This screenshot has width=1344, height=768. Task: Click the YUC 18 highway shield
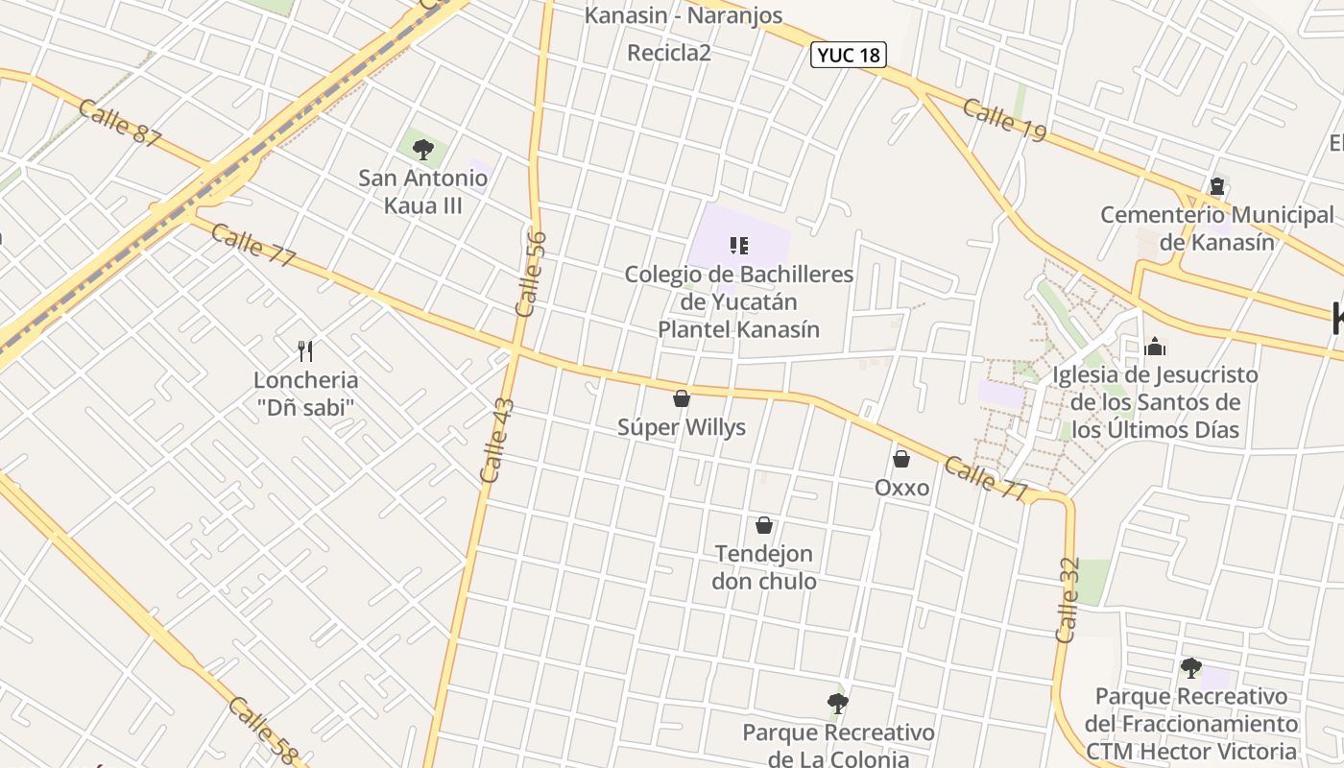pyautogui.click(x=848, y=55)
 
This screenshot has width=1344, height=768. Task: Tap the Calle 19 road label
pyautogui.click(x=1004, y=121)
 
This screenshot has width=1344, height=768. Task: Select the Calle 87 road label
pyautogui.click(x=120, y=123)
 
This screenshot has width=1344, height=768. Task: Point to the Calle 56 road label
pyautogui.click(x=531, y=274)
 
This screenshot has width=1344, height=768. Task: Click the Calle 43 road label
pyautogui.click(x=498, y=441)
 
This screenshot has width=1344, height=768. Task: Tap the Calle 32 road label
pyautogui.click(x=1068, y=600)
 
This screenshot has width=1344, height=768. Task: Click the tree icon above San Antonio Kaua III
pyautogui.click(x=422, y=150)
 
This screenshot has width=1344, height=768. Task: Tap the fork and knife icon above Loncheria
pyautogui.click(x=305, y=350)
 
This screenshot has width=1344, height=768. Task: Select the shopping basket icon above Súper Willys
pyautogui.click(x=682, y=397)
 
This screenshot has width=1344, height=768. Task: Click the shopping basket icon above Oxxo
pyautogui.click(x=901, y=459)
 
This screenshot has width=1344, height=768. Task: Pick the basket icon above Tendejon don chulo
pyautogui.click(x=764, y=525)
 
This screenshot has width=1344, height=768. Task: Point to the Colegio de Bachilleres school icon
pyautogui.click(x=738, y=246)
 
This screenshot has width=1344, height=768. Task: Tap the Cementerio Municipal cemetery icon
pyautogui.click(x=1217, y=185)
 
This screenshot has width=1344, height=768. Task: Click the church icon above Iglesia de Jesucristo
pyautogui.click(x=1155, y=346)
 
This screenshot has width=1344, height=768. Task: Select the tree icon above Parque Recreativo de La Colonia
pyautogui.click(x=838, y=704)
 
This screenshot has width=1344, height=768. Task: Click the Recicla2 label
pyautogui.click(x=669, y=53)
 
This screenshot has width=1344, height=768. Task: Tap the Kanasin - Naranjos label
pyautogui.click(x=684, y=15)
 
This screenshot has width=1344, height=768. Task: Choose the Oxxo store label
pyautogui.click(x=901, y=488)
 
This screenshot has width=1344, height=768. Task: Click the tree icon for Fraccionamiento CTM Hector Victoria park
pyautogui.click(x=1191, y=667)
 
